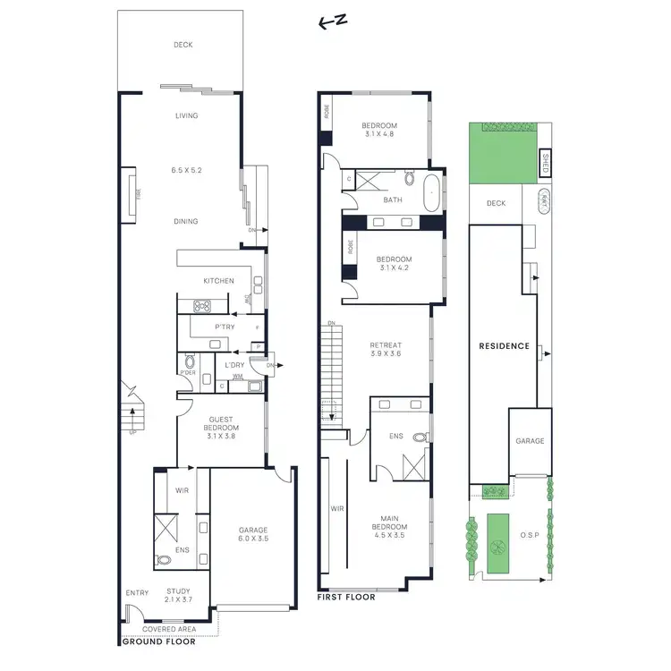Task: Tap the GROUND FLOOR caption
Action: coord(157,641)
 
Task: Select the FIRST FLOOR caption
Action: coord(347,597)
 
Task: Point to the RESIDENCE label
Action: coord(504,346)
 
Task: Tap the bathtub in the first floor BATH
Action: coord(432,191)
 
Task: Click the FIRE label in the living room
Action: coord(138,191)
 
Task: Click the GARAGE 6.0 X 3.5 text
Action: coord(253,535)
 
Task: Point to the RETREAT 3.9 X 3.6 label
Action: coord(386,350)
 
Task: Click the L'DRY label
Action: coord(235,365)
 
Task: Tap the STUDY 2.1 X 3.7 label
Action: coord(179,596)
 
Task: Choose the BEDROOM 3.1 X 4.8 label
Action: coord(379,130)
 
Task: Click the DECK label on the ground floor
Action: coord(183,45)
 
